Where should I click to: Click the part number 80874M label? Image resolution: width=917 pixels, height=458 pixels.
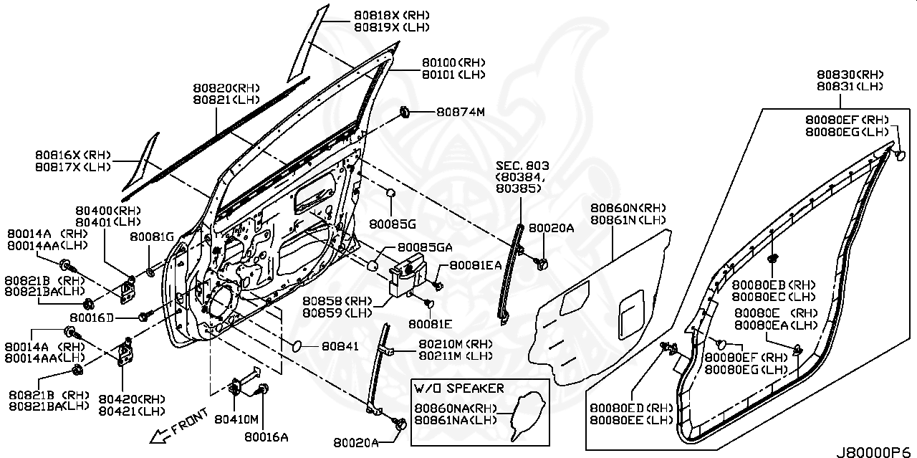click(461, 113)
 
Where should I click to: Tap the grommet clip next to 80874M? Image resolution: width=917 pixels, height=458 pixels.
click(405, 112)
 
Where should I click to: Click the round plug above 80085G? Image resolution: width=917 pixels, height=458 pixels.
click(390, 194)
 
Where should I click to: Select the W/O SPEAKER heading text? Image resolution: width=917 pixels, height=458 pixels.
click(458, 388)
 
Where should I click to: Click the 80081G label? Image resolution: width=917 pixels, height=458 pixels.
click(152, 237)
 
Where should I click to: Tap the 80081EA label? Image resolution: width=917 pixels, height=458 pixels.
click(476, 265)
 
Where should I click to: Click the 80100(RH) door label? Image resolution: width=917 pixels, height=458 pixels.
click(453, 62)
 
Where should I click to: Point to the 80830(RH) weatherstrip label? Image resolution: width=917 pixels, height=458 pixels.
click(850, 75)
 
